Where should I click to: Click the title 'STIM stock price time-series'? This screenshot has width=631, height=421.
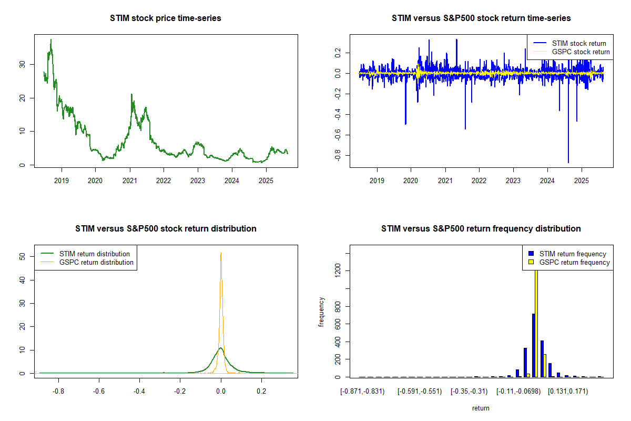[166, 18]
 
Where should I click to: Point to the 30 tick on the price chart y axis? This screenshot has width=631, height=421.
[22, 64]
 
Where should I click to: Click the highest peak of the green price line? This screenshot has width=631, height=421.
[51, 40]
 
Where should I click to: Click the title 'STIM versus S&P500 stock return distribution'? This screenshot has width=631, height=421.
[166, 229]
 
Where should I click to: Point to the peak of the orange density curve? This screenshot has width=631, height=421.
[221, 253]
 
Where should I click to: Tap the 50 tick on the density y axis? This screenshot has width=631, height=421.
[22, 257]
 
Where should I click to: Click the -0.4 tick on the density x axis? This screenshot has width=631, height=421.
[139, 392]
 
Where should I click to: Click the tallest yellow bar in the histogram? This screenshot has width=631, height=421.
[536, 321]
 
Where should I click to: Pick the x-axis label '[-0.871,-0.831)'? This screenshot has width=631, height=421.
[362, 392]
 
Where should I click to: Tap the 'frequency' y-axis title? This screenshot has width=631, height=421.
[322, 313]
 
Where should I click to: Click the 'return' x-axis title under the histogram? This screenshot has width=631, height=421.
[481, 408]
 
